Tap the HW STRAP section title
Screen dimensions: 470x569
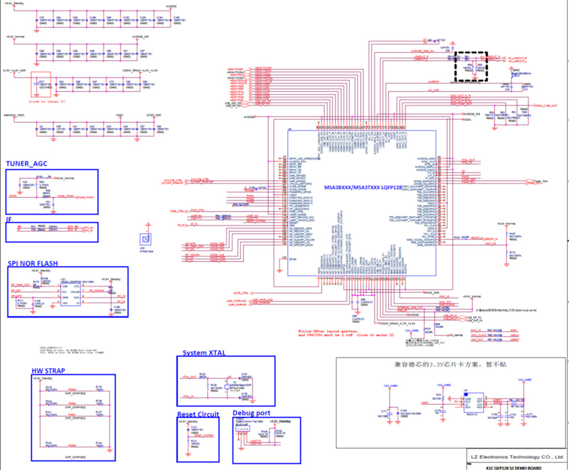(x=50, y=371)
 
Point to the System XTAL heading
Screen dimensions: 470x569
(x=204, y=352)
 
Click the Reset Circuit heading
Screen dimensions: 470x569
(x=197, y=414)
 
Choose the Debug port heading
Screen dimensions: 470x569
(x=251, y=413)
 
